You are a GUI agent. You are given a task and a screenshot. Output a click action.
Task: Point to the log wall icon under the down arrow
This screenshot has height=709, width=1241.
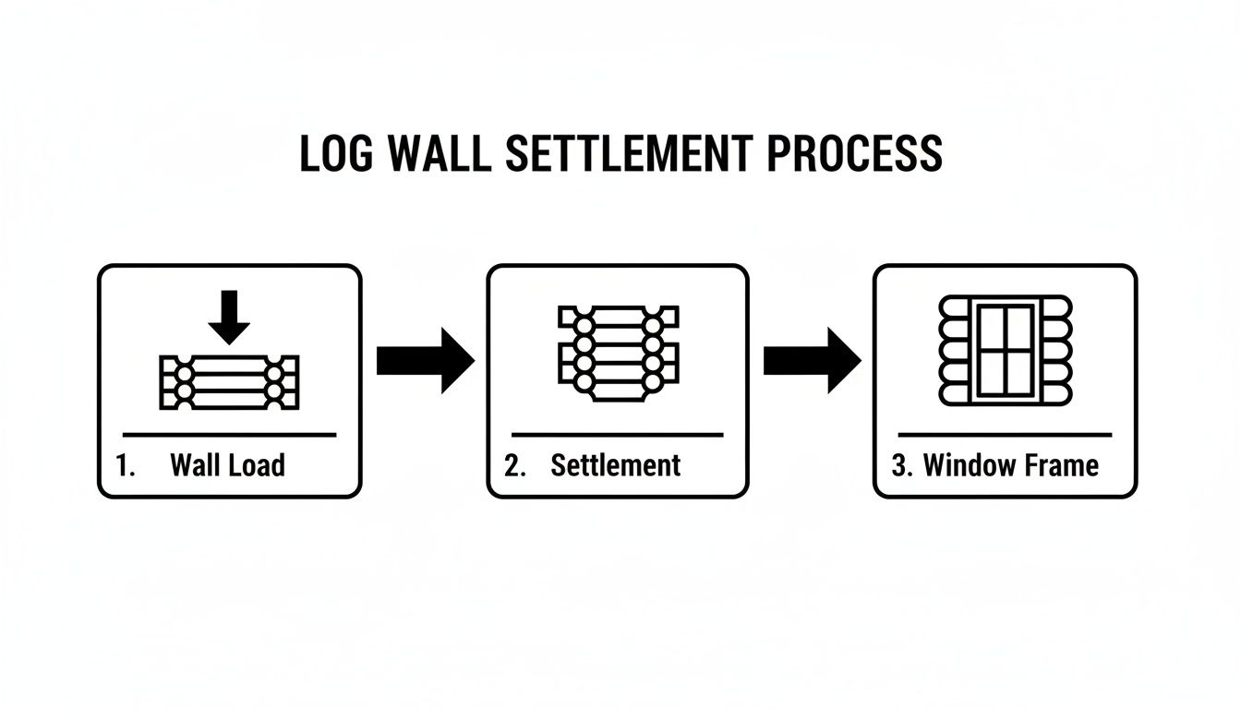click(x=229, y=381)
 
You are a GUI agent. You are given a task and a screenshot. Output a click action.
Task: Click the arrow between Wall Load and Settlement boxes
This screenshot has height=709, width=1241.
click(x=425, y=360)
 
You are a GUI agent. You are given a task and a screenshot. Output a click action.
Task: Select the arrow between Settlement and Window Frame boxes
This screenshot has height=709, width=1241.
click(x=812, y=360)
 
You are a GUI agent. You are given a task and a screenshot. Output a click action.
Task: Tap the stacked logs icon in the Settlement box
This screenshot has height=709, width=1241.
click(x=618, y=353)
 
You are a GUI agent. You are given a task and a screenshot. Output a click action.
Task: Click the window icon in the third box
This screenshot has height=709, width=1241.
click(x=1006, y=351)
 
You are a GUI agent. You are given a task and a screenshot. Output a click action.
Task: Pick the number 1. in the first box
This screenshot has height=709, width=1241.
click(x=127, y=465)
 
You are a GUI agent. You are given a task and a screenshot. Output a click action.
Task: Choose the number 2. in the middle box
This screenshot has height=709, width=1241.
click(x=514, y=465)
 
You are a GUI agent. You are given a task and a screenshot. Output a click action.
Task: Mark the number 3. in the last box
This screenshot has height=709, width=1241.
click(x=902, y=465)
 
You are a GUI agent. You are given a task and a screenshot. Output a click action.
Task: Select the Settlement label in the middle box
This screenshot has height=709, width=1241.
click(x=615, y=465)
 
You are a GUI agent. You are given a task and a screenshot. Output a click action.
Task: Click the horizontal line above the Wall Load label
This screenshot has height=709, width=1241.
click(x=229, y=434)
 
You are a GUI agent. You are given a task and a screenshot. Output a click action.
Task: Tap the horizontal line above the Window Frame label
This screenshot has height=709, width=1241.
click(x=1005, y=434)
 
